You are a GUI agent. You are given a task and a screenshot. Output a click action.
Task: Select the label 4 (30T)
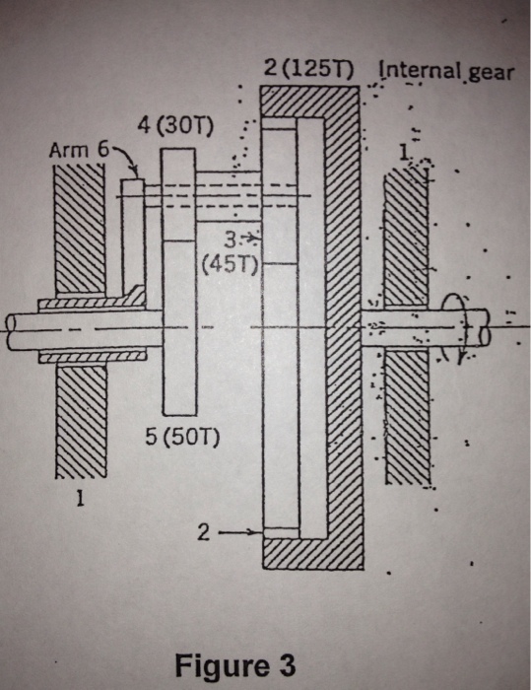[x=180, y=129]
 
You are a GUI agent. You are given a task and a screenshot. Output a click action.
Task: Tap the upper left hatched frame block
[x=79, y=227]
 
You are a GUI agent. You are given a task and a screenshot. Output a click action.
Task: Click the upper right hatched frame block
[x=407, y=232]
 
